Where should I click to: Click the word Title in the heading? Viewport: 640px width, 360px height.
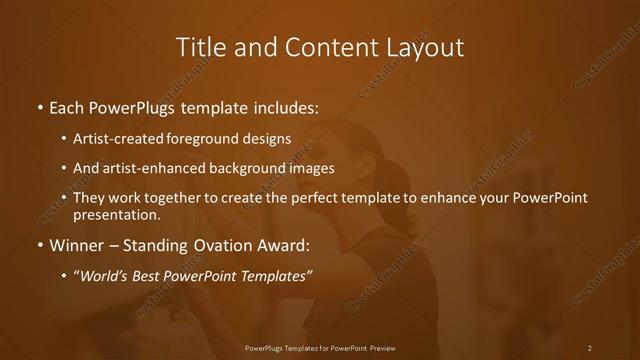[199, 47]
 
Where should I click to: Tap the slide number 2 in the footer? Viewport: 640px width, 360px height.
[589, 347]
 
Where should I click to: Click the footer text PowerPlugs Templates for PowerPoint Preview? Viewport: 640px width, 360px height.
[320, 347]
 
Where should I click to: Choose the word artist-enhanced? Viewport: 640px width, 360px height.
[141, 168]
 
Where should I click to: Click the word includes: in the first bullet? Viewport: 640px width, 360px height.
[287, 106]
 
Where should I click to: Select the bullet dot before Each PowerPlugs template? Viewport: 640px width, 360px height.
[39, 106]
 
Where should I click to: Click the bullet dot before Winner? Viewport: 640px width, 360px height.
[39, 243]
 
